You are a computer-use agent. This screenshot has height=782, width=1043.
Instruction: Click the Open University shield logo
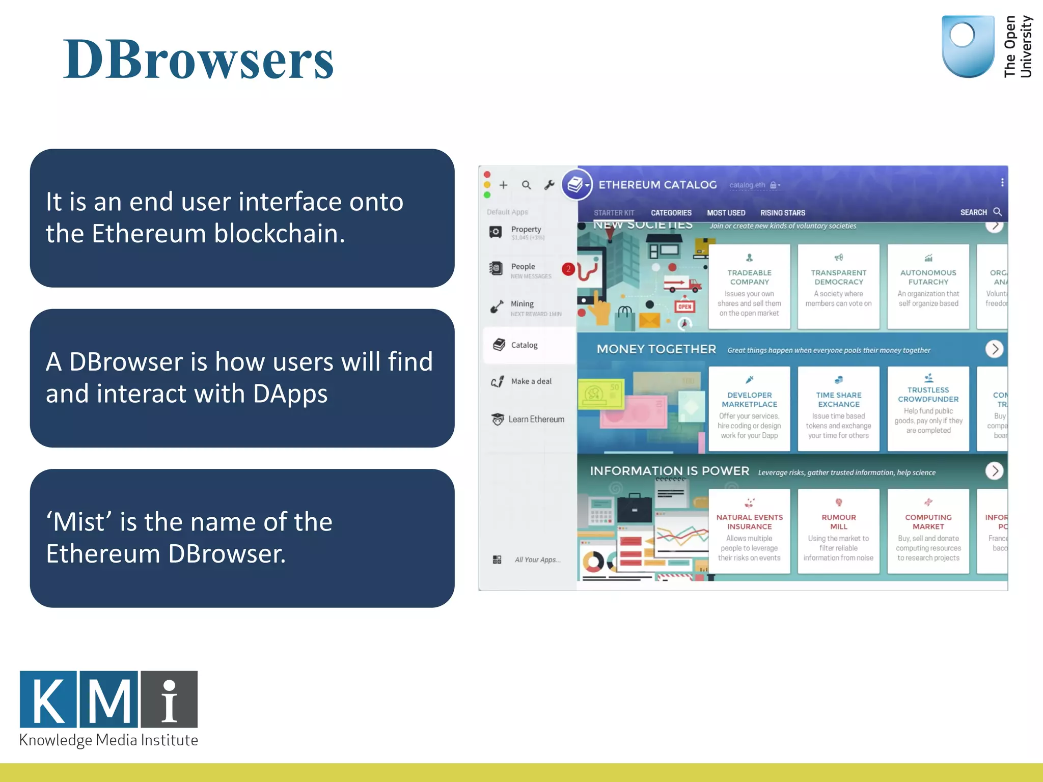tap(967, 46)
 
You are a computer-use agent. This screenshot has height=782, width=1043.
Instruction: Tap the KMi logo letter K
tap(48, 700)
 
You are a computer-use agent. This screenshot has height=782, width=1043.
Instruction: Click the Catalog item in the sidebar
tap(524, 345)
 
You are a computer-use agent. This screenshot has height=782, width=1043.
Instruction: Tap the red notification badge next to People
tap(568, 269)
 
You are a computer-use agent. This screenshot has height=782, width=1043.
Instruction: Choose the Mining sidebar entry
tap(521, 304)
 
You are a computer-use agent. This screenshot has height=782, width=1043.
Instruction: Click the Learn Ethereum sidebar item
tap(536, 420)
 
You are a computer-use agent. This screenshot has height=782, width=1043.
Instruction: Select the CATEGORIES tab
tap(671, 213)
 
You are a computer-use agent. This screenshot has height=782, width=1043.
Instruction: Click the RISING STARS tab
tap(782, 213)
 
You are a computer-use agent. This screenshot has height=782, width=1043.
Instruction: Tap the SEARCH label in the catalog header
tap(973, 212)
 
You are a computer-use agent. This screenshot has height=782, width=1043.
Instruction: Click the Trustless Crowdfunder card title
tap(928, 395)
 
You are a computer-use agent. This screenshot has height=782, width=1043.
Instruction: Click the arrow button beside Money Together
tap(994, 349)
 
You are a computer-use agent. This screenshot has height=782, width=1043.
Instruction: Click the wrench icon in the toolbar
tap(549, 185)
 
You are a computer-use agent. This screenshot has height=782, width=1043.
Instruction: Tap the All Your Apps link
tap(537, 560)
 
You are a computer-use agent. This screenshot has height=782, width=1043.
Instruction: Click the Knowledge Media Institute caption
tap(108, 740)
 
